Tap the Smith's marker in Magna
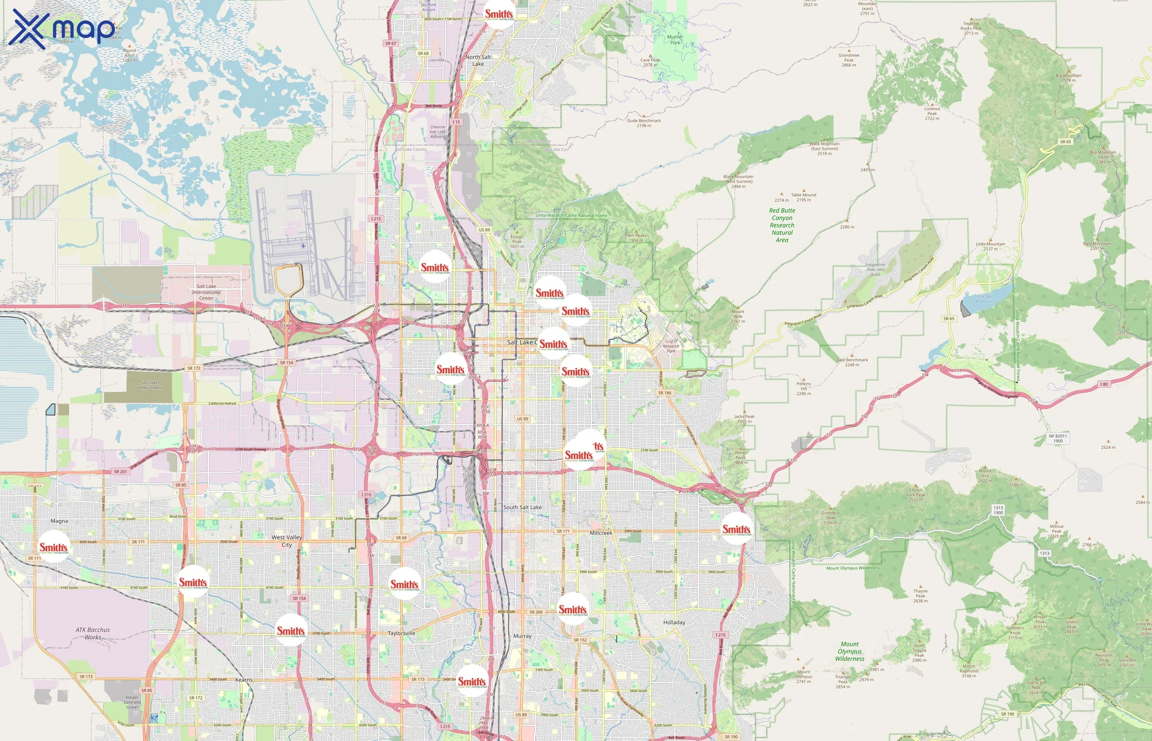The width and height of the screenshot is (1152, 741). (x=53, y=547)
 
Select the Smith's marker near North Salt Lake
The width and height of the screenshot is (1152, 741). (x=499, y=14)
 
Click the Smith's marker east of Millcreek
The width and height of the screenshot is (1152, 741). (x=736, y=529)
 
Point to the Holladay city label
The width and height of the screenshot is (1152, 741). (x=674, y=622)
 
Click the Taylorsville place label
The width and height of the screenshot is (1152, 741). (x=401, y=633)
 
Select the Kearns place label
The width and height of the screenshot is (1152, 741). (x=243, y=680)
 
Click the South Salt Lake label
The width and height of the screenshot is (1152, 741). (x=522, y=507)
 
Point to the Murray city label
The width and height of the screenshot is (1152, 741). (x=522, y=636)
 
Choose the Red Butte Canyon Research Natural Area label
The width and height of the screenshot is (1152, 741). (x=782, y=225)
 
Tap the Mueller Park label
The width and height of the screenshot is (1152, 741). (x=675, y=40)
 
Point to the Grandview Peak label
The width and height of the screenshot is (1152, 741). (x=849, y=60)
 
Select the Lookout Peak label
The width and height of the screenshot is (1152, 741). (x=932, y=113)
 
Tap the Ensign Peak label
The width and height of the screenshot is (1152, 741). (x=517, y=241)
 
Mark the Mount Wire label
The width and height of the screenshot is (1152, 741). (x=738, y=316)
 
